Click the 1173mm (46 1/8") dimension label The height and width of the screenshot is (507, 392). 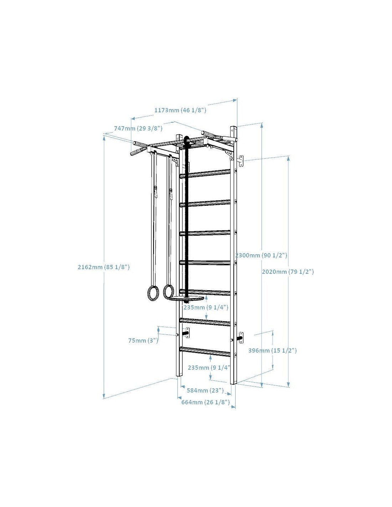click(x=180, y=110)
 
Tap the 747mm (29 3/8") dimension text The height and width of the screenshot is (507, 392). click(x=138, y=128)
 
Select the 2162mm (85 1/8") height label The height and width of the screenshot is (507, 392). click(x=104, y=267)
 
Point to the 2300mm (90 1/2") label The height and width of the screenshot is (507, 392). click(x=261, y=255)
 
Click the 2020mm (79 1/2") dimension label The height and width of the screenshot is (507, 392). click(x=288, y=272)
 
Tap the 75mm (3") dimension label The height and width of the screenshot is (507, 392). click(x=143, y=340)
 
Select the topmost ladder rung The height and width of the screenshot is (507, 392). click(x=205, y=174)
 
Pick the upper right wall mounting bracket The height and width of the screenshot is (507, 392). click(x=240, y=161)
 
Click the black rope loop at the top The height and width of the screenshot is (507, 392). click(x=187, y=141)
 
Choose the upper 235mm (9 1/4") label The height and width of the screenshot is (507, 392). click(x=206, y=307)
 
